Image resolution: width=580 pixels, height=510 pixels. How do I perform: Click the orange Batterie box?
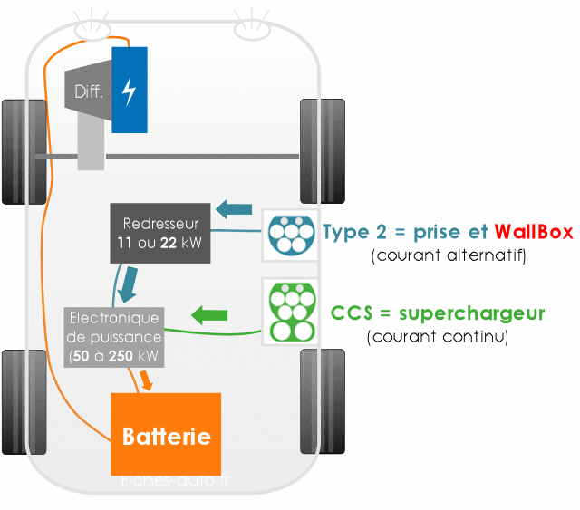166,434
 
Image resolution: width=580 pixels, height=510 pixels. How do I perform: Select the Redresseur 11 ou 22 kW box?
160,233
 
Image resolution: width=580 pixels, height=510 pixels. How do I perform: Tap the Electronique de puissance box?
114,337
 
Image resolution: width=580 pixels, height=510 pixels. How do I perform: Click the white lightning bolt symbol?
129,91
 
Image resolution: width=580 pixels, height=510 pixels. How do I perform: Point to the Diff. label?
89,91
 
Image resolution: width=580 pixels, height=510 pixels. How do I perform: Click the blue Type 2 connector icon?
291,236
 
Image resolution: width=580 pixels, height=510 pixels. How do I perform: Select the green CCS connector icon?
292,312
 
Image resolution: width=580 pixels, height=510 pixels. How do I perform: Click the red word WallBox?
534,232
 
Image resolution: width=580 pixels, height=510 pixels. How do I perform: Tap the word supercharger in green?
471,314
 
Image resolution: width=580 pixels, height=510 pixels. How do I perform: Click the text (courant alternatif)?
449,255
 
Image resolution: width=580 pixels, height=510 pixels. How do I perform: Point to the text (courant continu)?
438,337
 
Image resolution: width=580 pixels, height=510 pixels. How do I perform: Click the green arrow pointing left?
209,315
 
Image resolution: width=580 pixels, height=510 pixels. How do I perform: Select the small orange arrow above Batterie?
146,380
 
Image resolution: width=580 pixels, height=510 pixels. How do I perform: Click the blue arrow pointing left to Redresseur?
234,209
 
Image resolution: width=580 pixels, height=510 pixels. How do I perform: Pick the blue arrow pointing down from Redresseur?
129,284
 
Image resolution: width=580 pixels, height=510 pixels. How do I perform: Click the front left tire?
24,151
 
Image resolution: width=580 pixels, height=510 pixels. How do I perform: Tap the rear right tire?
323,401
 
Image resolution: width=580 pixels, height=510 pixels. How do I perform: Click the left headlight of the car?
92,30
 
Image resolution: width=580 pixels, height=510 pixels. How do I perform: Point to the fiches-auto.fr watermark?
175,481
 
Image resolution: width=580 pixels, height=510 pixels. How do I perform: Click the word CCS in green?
352,313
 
